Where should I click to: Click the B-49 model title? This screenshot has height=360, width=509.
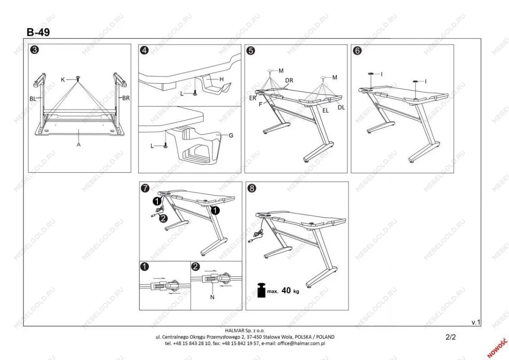pyautogui.click(x=38, y=32)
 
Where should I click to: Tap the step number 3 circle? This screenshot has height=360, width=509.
pyautogui.click(x=34, y=50)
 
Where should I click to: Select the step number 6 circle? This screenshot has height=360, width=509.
pyautogui.click(x=357, y=50)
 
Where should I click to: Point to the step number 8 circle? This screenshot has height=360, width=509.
pyautogui.click(x=252, y=189)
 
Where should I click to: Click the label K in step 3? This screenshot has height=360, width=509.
pyautogui.click(x=64, y=79)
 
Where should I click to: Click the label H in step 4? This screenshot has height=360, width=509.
pyautogui.click(x=221, y=79)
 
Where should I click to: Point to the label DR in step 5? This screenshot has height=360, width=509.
pyautogui.click(x=289, y=81)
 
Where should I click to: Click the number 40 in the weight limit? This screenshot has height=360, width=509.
pyautogui.click(x=286, y=291)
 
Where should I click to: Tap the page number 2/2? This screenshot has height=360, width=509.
pyautogui.click(x=450, y=336)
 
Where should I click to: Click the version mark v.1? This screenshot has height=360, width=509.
pyautogui.click(x=476, y=322)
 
